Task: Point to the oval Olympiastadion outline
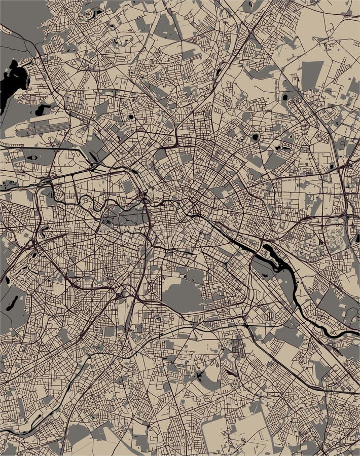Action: tap(31, 158)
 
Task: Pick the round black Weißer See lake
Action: tap(255, 137)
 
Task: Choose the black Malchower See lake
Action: tap(285, 97)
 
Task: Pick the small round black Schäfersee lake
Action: tap(131, 116)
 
